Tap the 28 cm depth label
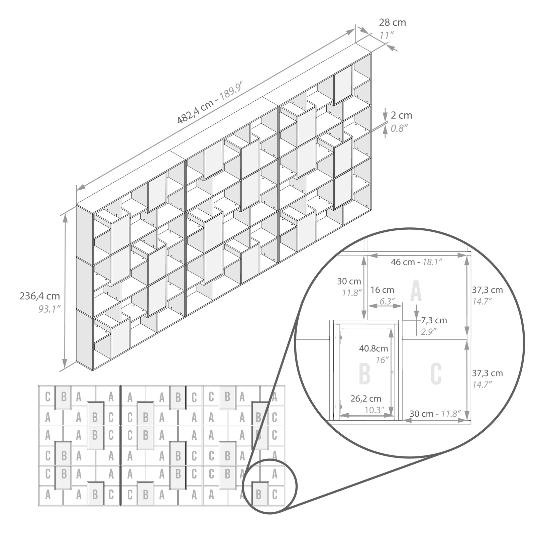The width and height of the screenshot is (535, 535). coord(392,22)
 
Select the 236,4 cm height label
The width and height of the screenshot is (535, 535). coord(40,296)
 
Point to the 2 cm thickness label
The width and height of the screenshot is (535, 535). coord(401,115)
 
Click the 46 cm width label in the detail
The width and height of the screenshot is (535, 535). coord(403,262)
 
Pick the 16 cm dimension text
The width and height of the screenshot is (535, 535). coord(383,290)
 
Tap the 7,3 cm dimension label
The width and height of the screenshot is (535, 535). coord(434,320)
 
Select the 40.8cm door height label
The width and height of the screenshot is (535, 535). coord(373,348)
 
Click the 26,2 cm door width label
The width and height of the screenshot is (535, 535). coord(366,399)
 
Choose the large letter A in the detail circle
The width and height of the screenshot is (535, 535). coord(416,291)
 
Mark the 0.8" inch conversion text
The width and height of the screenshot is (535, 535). coord(397,128)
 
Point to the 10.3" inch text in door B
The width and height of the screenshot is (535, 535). coord(374,410)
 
